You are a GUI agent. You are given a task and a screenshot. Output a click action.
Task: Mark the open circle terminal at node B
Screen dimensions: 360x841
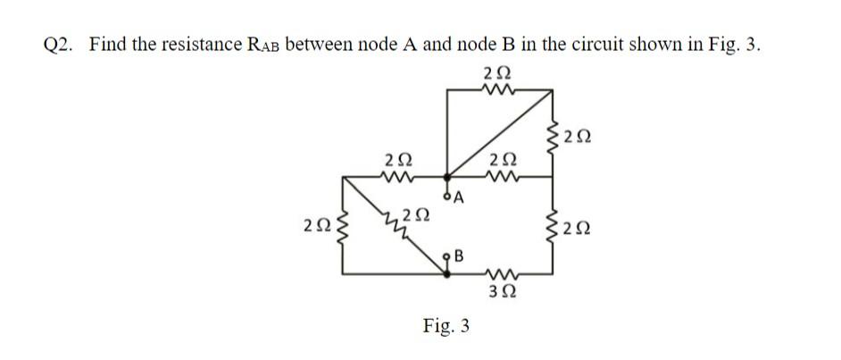click(449, 258)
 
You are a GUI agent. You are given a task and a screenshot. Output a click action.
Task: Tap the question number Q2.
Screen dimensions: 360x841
click(60, 46)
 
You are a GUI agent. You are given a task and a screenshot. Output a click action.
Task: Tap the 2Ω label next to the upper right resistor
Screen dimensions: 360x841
click(578, 137)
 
